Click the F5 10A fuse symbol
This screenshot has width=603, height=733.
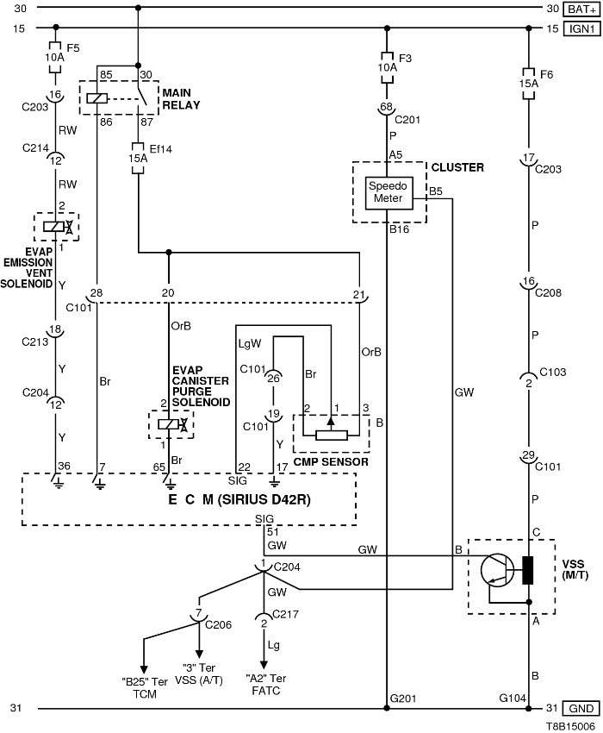tap(55, 53)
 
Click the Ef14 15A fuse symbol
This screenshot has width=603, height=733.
tap(138, 158)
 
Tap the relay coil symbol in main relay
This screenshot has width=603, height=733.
tap(98, 99)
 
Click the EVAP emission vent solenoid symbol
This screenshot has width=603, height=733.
tap(56, 227)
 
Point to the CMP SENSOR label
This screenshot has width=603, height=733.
tap(332, 462)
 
